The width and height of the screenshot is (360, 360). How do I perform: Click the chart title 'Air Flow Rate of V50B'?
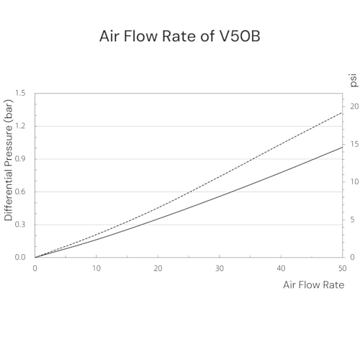click(180, 36)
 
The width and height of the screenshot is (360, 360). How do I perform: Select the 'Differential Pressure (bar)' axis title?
click(9, 160)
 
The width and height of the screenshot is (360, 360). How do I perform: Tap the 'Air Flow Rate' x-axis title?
click(314, 285)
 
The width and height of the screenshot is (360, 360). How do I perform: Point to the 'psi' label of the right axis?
click(354, 81)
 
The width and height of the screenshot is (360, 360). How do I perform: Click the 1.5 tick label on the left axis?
click(20, 93)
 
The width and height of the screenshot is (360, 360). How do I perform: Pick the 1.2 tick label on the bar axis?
click(20, 126)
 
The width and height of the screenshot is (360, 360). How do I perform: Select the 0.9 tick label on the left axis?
click(20, 159)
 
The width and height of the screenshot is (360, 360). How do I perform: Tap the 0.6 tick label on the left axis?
click(20, 192)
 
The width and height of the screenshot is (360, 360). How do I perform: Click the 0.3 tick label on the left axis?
click(20, 225)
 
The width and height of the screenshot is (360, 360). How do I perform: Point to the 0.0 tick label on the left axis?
click(20, 257)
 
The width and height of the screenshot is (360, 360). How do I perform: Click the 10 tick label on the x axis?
click(96, 269)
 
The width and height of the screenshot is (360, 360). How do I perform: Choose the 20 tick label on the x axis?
click(158, 269)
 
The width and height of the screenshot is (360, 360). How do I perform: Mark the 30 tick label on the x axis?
click(220, 269)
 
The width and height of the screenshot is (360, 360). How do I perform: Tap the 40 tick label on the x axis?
click(281, 269)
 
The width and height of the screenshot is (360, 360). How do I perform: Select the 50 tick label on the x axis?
click(343, 269)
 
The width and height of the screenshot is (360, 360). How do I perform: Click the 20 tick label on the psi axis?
click(354, 107)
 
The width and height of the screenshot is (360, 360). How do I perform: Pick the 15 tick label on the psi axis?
click(354, 144)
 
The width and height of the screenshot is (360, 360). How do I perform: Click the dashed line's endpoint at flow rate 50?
click(342, 112)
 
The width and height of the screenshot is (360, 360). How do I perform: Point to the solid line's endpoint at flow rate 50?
click(342, 147)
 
